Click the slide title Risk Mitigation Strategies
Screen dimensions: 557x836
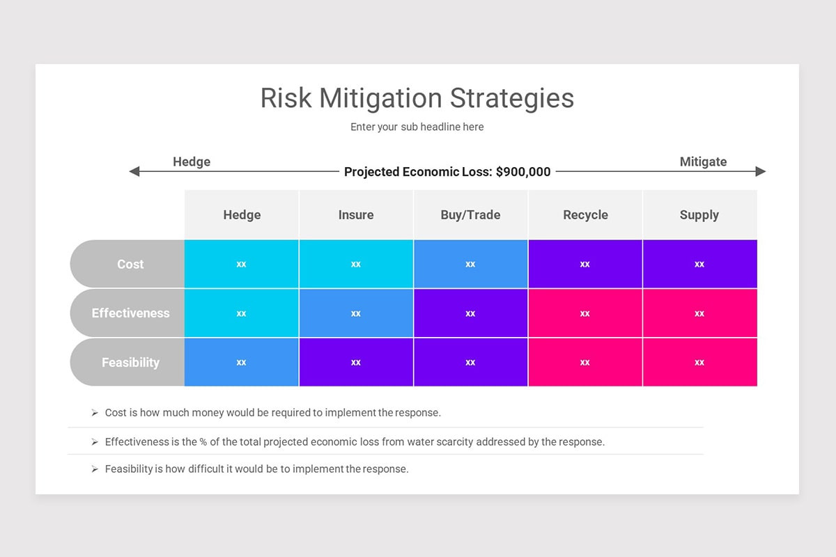(417, 98)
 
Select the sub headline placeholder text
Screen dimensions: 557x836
(417, 127)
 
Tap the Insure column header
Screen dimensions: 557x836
(356, 215)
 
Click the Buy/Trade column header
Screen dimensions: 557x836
(470, 215)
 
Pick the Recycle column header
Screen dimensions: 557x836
(585, 215)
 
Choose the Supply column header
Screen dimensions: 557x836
(699, 215)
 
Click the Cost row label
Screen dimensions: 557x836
(130, 265)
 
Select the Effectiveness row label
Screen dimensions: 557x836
(130, 313)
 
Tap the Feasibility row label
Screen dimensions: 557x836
(130, 363)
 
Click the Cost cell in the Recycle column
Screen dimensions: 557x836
(585, 264)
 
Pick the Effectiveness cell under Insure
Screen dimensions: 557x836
(356, 313)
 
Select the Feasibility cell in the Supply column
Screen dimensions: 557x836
(699, 362)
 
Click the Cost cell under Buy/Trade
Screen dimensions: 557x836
(470, 264)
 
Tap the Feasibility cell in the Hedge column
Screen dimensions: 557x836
(241, 362)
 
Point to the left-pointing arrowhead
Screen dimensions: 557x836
(134, 171)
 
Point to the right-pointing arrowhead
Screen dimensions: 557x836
(761, 171)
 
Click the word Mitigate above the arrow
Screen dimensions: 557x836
(703, 162)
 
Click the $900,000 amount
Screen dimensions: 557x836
(523, 172)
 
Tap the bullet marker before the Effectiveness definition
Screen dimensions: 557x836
(95, 442)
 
